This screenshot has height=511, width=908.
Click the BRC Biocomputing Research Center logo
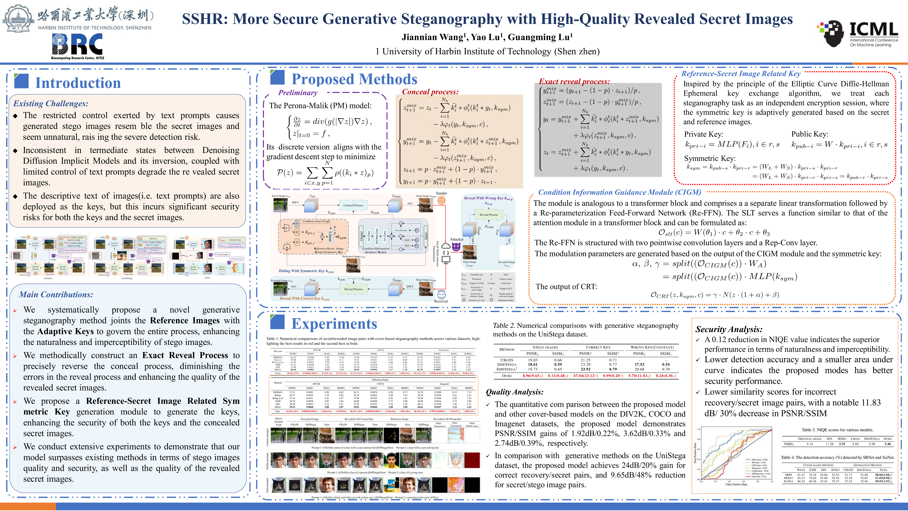[78, 46]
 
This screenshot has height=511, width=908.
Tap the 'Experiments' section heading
[334, 323]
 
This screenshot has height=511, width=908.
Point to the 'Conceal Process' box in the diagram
[353, 205]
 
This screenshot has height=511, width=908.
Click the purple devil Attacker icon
[456, 247]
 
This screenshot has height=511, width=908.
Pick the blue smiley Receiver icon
[441, 294]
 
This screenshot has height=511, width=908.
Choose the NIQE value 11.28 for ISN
[829, 444]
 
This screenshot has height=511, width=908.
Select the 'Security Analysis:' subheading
[729, 329]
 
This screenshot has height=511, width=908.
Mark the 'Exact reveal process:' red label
[574, 81]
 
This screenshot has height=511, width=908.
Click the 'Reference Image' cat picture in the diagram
[353, 265]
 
